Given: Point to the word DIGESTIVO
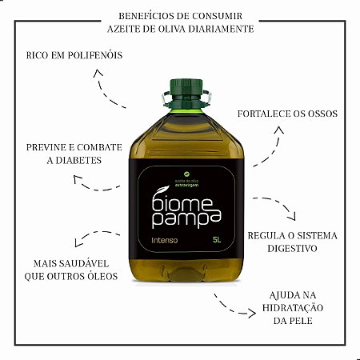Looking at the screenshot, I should pos(294,249).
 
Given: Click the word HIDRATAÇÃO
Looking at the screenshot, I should pos(294,308).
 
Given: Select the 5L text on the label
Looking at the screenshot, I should pos(217,238).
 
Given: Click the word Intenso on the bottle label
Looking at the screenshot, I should pos(154,238).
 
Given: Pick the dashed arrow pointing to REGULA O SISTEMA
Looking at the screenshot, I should pos(276,206).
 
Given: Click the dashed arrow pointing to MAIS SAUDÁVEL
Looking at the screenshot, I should pos(92,238).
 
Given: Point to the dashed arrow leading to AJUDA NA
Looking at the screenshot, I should pos(232,305).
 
